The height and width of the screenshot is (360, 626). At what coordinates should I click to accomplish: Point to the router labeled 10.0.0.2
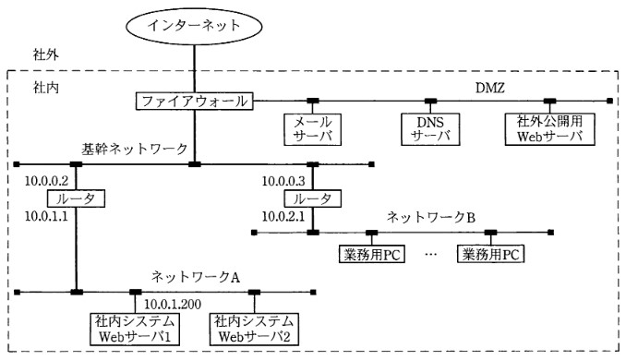(76, 198)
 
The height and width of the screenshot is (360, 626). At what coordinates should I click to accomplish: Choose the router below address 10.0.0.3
(313, 198)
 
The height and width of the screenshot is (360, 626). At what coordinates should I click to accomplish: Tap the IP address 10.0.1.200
(173, 304)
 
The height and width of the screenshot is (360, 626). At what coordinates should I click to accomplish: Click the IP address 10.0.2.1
(283, 217)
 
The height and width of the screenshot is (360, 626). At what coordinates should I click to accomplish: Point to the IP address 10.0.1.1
(46, 217)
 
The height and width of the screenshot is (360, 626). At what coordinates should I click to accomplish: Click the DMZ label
(490, 88)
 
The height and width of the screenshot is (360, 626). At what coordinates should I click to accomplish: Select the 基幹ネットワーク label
(135, 149)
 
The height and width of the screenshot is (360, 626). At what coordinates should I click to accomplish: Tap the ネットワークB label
(431, 217)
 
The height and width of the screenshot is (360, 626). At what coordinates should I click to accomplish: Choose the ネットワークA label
(196, 277)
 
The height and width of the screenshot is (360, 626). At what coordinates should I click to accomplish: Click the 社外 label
(46, 54)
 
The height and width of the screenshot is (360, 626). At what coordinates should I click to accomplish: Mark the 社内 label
(46, 88)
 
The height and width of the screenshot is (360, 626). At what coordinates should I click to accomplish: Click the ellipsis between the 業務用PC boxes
(431, 254)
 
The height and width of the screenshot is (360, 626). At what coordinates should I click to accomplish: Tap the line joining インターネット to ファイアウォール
(195, 69)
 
